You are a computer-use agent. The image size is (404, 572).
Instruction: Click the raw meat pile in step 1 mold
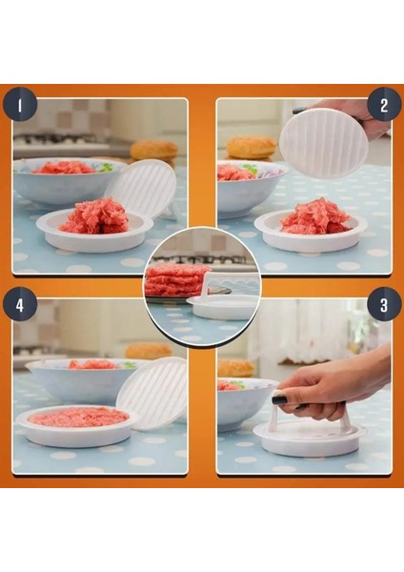click(94, 216)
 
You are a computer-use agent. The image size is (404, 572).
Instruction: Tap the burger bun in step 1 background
click(154, 150)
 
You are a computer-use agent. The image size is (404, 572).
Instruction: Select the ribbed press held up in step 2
click(323, 143)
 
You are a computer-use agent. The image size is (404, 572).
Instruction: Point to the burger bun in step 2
click(251, 147)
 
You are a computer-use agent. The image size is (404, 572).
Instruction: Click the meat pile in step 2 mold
click(313, 216)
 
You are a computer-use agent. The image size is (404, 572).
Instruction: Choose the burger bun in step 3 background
click(235, 367)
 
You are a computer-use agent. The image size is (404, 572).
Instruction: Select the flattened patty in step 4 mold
click(78, 417)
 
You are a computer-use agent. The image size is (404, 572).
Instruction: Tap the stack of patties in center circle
click(176, 280)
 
